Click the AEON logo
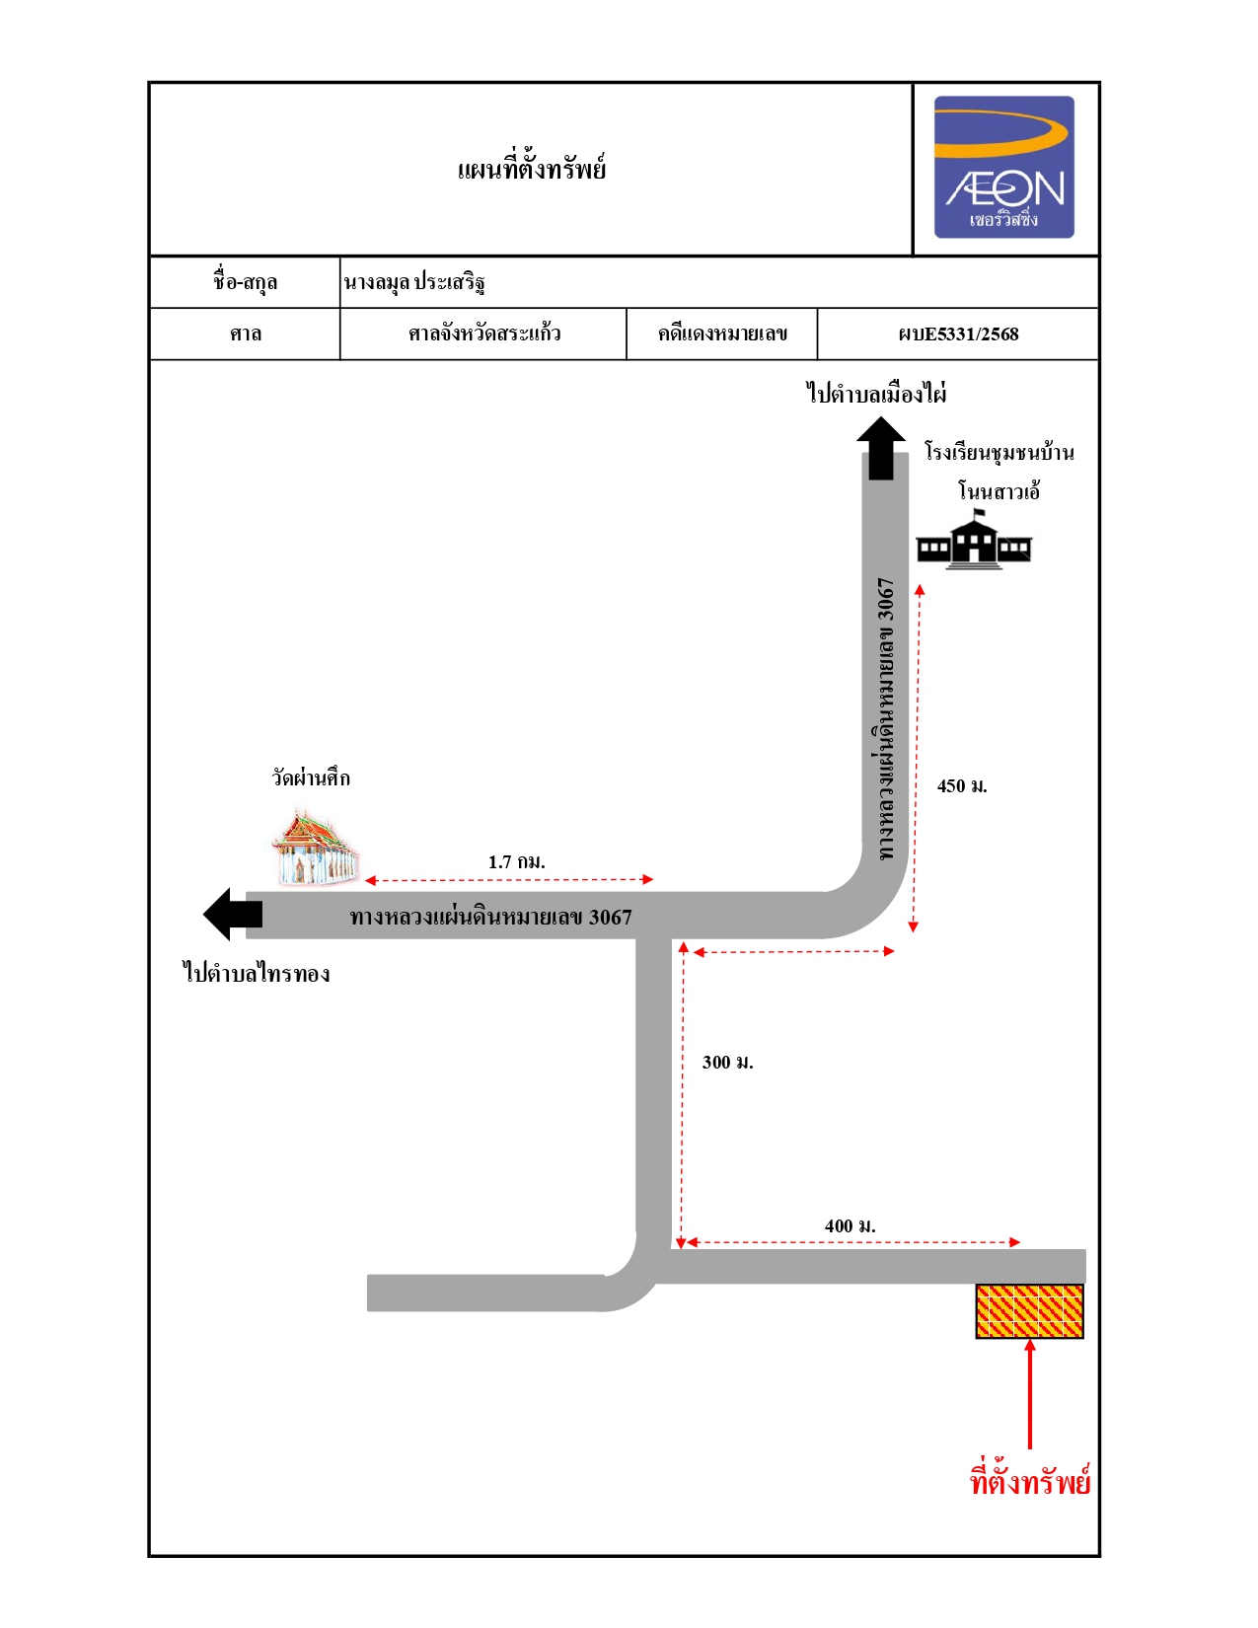pyautogui.click(x=1003, y=167)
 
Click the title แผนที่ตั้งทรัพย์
pyautogui.click(x=531, y=168)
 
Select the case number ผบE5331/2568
pyautogui.click(x=958, y=334)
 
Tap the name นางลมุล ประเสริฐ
pyautogui.click(x=414, y=282)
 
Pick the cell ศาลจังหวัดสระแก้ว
pyautogui.click(x=484, y=333)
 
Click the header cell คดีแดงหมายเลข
pyautogui.click(x=722, y=333)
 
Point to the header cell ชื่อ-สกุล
pyautogui.click(x=245, y=282)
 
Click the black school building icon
pyautogui.click(x=974, y=540)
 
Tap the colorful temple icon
pyautogui.click(x=315, y=846)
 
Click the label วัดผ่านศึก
pyautogui.click(x=310, y=777)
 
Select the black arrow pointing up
pyautogui.click(x=881, y=448)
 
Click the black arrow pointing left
pyautogui.click(x=233, y=914)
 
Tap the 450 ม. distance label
pyautogui.click(x=962, y=786)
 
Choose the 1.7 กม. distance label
pyautogui.click(x=517, y=861)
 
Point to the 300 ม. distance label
pyautogui.click(x=727, y=1063)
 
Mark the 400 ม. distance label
pyautogui.click(x=851, y=1226)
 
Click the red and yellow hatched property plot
pyautogui.click(x=1029, y=1310)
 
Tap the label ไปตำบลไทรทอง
pyautogui.click(x=257, y=973)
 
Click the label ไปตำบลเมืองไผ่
pyautogui.click(x=876, y=393)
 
